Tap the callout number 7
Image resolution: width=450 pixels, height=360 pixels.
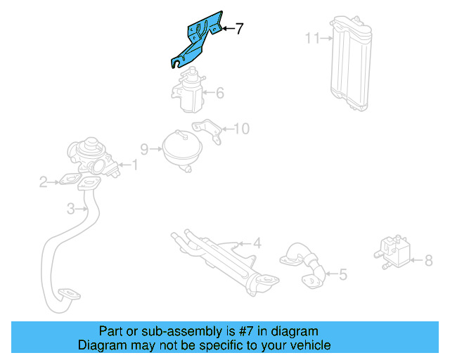coord(240,29)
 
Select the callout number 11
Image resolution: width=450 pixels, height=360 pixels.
coord(313,38)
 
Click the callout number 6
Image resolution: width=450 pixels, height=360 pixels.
coord(219,93)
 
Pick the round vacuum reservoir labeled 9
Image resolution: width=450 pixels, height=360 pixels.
coord(181,149)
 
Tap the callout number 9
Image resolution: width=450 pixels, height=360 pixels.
coord(143,149)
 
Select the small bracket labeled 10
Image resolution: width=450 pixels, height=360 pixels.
coord(208,130)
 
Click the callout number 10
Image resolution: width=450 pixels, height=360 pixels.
coord(241,129)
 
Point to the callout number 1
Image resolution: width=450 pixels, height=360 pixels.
coord(135,166)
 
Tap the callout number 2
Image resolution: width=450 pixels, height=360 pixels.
coord(44,183)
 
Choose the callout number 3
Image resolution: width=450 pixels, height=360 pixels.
coord(71,208)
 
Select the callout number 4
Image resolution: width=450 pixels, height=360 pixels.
coord(257,244)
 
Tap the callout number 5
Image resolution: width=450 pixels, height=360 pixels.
coord(343,275)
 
